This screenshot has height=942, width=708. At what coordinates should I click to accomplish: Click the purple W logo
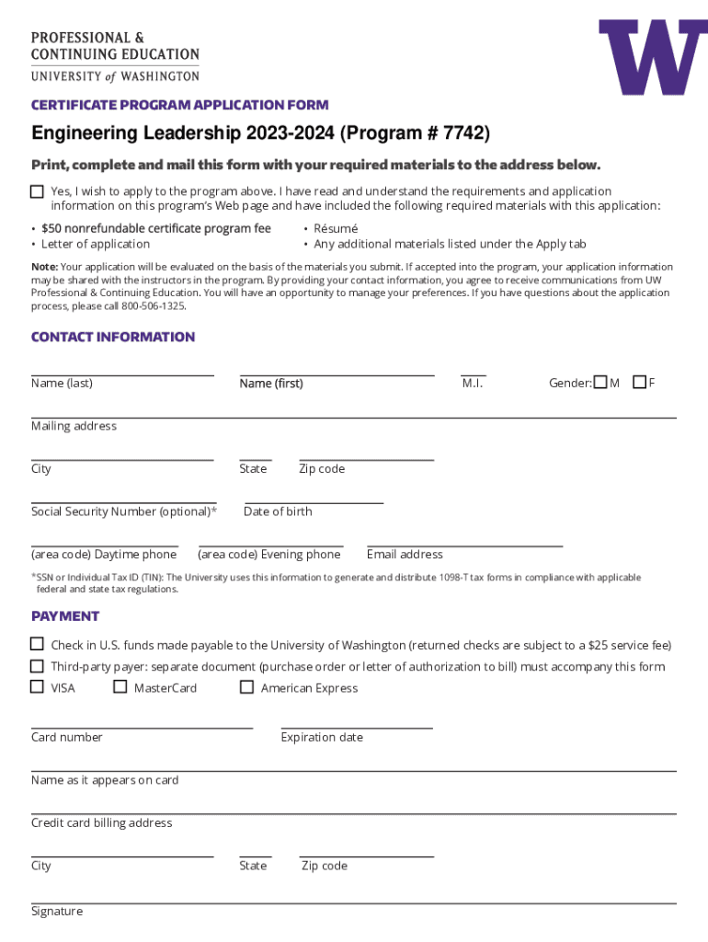point(653,58)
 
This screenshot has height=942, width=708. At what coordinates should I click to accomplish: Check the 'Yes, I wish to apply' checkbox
point(37,191)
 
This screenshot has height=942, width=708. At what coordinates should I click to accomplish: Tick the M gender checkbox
point(600,382)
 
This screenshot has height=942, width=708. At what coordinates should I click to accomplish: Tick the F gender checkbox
point(639,382)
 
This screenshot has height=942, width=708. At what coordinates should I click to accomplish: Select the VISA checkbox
point(37,686)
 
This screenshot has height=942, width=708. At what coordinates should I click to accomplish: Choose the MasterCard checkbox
point(120,686)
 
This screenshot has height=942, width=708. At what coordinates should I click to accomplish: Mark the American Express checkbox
point(246,686)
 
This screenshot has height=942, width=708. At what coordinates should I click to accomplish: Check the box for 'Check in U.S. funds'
point(37,644)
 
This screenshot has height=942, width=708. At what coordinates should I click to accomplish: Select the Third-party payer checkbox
point(37,665)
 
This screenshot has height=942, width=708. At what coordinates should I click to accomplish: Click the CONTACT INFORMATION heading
point(113,337)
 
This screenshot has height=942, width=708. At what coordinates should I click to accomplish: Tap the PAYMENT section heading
point(65,615)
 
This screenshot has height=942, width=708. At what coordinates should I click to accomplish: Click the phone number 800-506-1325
point(156,305)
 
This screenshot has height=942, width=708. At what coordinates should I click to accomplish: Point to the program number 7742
point(462,134)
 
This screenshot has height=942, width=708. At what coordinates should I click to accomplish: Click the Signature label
point(57,911)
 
